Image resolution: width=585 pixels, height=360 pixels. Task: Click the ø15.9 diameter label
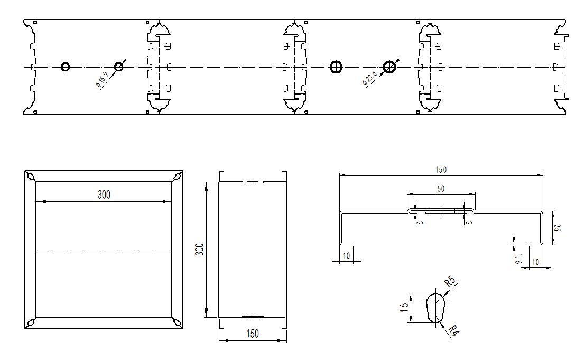[x=102, y=79]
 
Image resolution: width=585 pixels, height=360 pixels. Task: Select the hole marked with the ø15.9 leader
[x=118, y=67]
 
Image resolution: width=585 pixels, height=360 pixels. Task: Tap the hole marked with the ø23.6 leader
[x=389, y=67]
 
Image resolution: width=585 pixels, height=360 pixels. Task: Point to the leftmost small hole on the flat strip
[x=66, y=67]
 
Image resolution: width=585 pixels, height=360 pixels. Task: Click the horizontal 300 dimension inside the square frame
[x=104, y=195]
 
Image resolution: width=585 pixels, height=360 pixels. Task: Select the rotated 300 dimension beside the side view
[x=199, y=250]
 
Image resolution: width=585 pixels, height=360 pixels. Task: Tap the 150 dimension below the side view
[x=253, y=334]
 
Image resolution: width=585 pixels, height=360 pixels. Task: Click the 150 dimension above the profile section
[x=441, y=170]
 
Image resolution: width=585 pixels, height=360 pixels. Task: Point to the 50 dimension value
[x=441, y=189]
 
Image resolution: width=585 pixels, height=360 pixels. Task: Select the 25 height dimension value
[x=556, y=228]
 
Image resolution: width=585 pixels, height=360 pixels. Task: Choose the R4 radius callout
[x=452, y=331]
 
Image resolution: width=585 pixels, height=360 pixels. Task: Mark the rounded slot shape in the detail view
[x=435, y=307]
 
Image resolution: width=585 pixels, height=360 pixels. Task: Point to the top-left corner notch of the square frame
[x=30, y=176]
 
